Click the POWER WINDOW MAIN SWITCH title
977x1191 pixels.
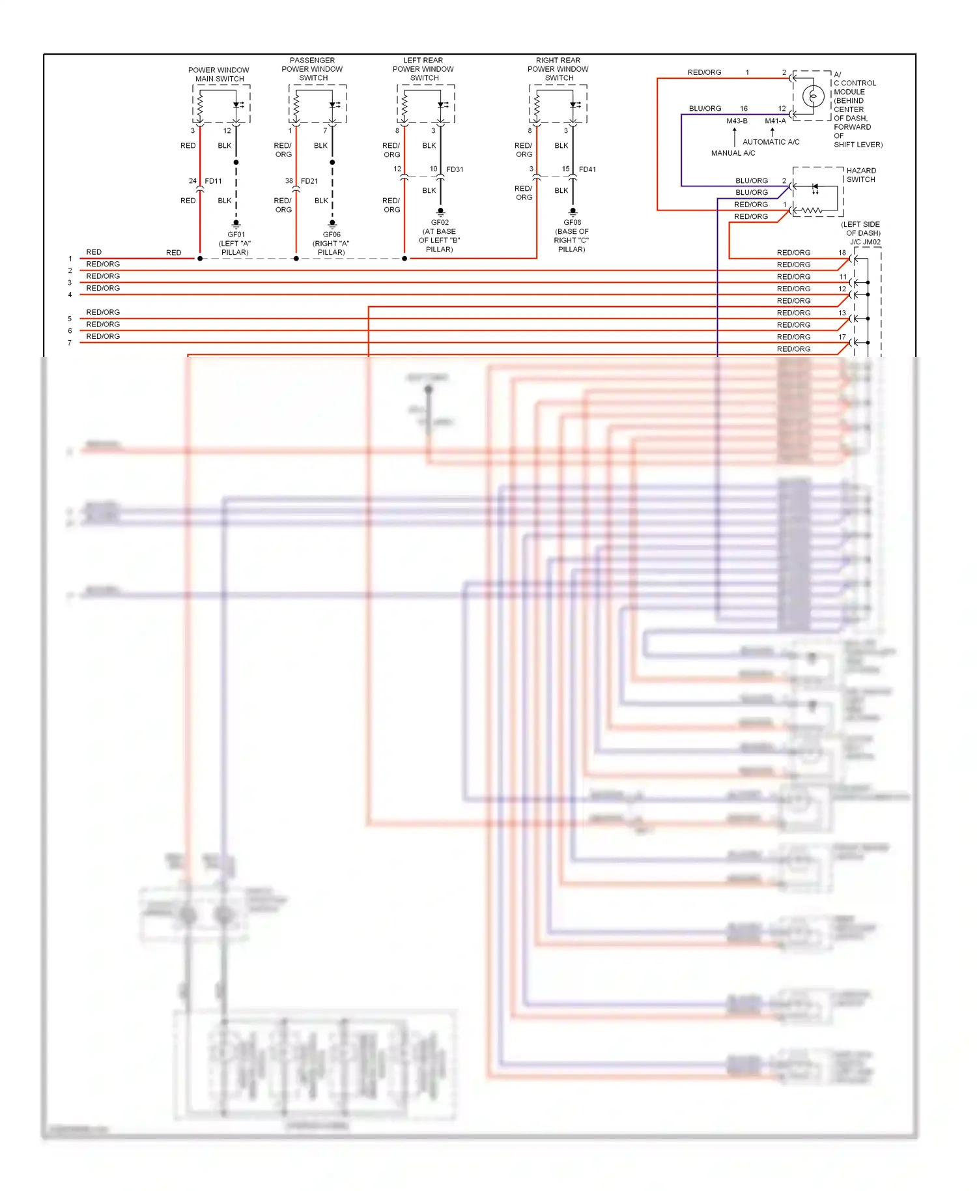tap(219, 74)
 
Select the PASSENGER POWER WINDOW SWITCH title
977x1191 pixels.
tap(312, 69)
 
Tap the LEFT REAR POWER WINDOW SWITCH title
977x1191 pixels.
tap(423, 69)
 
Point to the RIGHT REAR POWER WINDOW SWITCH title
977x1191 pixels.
tap(558, 69)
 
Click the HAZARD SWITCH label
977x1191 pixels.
tap(861, 175)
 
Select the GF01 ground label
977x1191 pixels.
tap(236, 235)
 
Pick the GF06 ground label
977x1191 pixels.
tap(332, 235)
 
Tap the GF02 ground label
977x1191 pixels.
tap(440, 223)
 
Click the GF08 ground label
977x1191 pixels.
tap(572, 223)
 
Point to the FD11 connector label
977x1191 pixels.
tap(213, 181)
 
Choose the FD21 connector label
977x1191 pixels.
tap(309, 181)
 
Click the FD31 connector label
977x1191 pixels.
tap(455, 169)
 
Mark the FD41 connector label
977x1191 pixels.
tap(588, 169)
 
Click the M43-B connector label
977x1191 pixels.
tap(737, 121)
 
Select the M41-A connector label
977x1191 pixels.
tap(775, 121)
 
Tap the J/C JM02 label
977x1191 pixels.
tap(865, 242)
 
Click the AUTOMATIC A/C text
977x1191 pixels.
tap(771, 142)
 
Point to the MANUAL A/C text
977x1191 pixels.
tap(733, 153)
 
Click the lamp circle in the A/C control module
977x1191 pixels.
tap(813, 96)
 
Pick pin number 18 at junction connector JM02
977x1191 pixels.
tap(842, 253)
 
